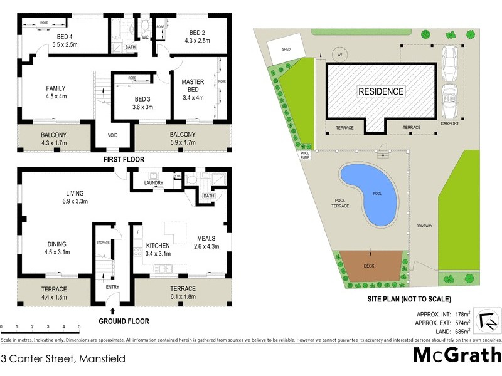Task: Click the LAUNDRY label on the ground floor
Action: (154, 183)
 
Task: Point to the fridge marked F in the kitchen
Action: (137, 232)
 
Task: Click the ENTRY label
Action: (112, 288)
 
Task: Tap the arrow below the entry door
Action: (112, 310)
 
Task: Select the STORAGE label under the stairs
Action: (104, 241)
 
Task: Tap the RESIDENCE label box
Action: (381, 91)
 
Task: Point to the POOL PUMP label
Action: (305, 155)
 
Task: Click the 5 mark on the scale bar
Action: (79, 326)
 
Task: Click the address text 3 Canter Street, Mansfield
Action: (63, 359)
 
